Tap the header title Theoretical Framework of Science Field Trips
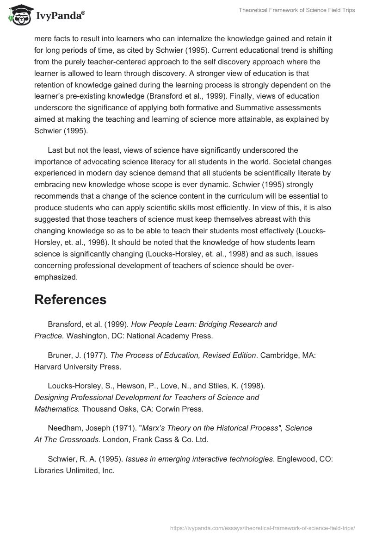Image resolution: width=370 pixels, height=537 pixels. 296,10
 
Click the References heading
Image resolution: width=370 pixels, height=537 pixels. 70,300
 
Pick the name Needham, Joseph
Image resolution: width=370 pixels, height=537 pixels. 76,428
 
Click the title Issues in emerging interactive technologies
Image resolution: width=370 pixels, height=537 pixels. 200,459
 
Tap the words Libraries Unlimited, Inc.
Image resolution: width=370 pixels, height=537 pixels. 74,470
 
